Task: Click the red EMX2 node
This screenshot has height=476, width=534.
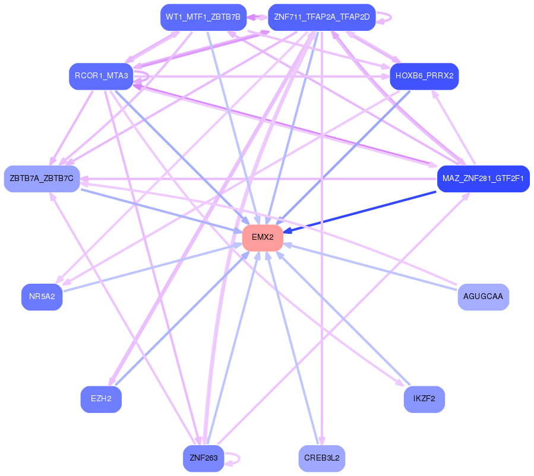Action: [x=262, y=237]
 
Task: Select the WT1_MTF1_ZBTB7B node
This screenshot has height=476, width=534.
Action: [x=203, y=17]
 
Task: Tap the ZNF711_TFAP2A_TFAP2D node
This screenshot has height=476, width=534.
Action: [x=321, y=17]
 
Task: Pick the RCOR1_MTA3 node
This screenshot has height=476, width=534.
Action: [x=101, y=76]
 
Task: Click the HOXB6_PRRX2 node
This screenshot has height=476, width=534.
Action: [x=424, y=76]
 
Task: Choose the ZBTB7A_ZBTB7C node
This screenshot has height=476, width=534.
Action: [x=42, y=179]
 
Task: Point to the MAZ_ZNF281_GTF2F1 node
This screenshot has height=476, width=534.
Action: [x=483, y=179]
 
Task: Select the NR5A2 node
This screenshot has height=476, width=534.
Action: [x=42, y=297]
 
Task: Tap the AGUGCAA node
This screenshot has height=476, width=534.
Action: [x=483, y=296]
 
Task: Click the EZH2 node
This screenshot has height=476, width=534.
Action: [x=101, y=399]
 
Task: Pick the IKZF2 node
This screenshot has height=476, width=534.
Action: [x=424, y=399]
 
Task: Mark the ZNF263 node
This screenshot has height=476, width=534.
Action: [x=203, y=458]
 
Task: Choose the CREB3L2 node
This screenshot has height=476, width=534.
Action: [x=321, y=458]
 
